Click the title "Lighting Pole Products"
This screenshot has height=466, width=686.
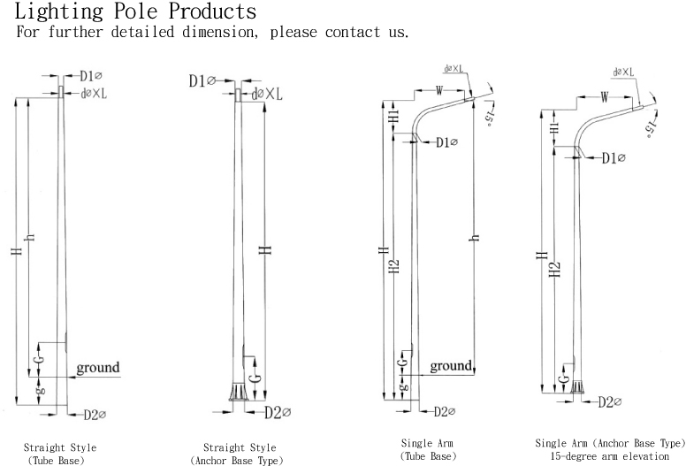(x=137, y=12)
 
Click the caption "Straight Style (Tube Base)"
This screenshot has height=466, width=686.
(x=60, y=454)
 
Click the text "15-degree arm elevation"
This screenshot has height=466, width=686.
(x=610, y=456)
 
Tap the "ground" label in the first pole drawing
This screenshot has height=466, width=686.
(x=97, y=367)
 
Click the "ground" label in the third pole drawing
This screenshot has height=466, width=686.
(x=451, y=365)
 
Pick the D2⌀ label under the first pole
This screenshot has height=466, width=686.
(x=95, y=414)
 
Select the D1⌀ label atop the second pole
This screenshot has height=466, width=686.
(x=202, y=81)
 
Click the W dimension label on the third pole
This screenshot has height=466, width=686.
(x=439, y=88)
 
